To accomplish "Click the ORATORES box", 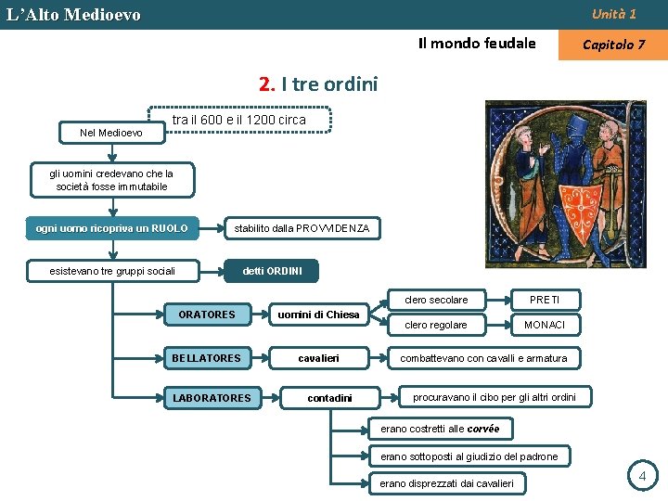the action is click(x=207, y=315).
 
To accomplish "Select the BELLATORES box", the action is click(x=206, y=358).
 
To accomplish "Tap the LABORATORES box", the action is click(x=212, y=398).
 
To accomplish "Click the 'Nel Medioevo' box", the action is click(x=111, y=133).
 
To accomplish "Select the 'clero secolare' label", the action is click(x=436, y=300).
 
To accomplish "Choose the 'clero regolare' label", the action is click(x=436, y=325).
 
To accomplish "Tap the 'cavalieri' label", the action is click(x=318, y=358).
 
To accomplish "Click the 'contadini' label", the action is click(x=329, y=398).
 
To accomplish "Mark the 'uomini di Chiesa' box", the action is click(x=318, y=315).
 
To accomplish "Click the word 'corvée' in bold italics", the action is click(x=483, y=429).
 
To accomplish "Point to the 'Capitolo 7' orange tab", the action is click(x=613, y=45).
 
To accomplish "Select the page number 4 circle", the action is click(x=641, y=477).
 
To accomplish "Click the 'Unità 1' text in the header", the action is click(x=614, y=14).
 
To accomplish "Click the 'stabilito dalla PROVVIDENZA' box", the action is click(x=302, y=228).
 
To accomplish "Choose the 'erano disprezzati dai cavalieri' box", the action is click(x=447, y=482).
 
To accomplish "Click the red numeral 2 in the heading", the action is click(x=267, y=84).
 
